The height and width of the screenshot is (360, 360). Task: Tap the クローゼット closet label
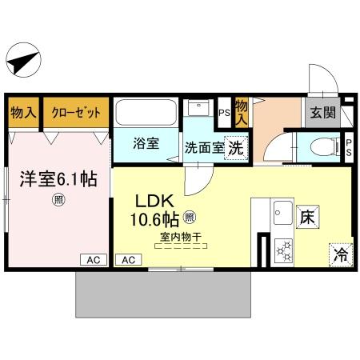click(x=76, y=113)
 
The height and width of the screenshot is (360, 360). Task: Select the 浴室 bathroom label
click(x=146, y=146)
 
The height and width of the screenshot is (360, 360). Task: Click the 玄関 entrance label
click(x=323, y=113)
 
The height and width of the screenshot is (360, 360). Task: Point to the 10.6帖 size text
click(x=150, y=218)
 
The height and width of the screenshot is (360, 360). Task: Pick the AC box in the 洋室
click(x=93, y=259)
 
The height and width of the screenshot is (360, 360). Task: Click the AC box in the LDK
click(x=127, y=259)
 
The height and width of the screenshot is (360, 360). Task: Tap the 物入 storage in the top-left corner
click(x=23, y=113)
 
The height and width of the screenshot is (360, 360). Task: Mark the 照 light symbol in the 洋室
click(x=58, y=200)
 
